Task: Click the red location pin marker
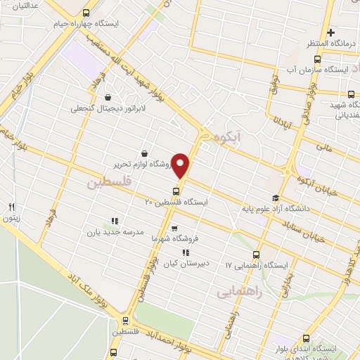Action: [182, 165]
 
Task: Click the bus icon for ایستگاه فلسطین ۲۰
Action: [176, 191]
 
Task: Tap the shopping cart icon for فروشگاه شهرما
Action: [174, 228]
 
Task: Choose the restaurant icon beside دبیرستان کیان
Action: [186, 252]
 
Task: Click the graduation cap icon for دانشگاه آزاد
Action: [276, 199]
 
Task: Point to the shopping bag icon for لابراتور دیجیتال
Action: [108, 97]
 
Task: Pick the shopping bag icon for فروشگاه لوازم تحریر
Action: [144, 153]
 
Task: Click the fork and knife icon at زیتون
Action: [11, 207]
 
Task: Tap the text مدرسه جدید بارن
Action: [114, 231]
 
